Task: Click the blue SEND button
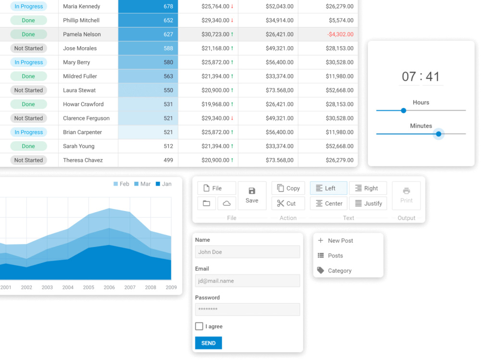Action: tap(208, 343)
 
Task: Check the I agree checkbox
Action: tap(199, 326)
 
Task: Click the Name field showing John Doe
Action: tap(248, 252)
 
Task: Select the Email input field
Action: tap(248, 281)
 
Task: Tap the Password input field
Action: tap(248, 310)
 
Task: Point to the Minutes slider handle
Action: tap(439, 134)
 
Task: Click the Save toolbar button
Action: tap(252, 196)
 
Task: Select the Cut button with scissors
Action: tap(288, 203)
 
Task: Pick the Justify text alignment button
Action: tap(368, 203)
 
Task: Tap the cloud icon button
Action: tap(227, 203)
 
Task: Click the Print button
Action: tap(406, 196)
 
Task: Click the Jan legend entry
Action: tap(164, 184)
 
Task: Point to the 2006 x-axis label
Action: tap(109, 287)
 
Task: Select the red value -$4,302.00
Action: tap(340, 34)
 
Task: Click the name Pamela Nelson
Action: tap(82, 34)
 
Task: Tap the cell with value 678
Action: tap(148, 6)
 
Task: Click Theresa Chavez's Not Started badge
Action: tap(28, 160)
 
